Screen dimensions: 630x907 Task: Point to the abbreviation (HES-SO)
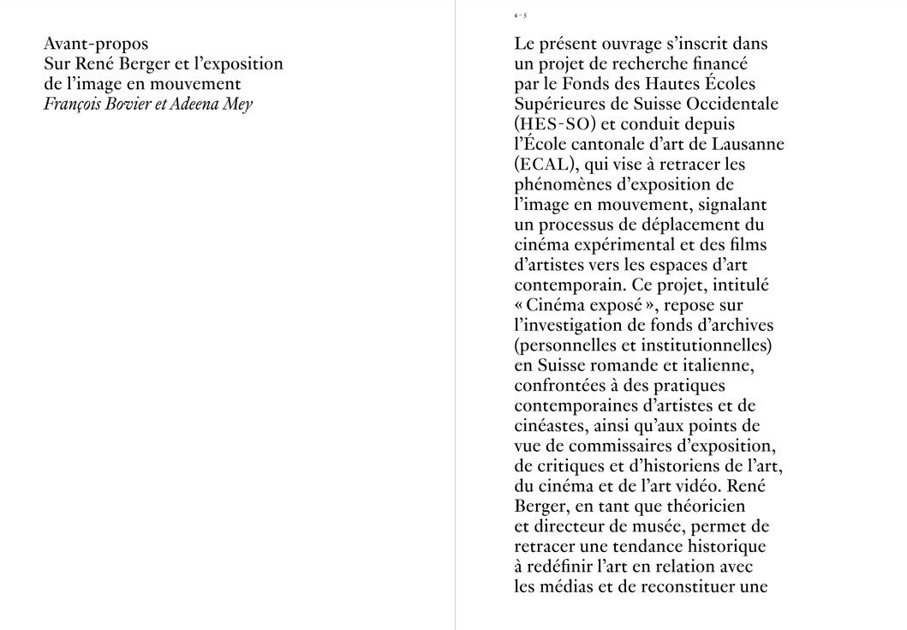click(555, 125)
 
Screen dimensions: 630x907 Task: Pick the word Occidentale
click(733, 105)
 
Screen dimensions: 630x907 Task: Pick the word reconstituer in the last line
click(679, 587)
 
